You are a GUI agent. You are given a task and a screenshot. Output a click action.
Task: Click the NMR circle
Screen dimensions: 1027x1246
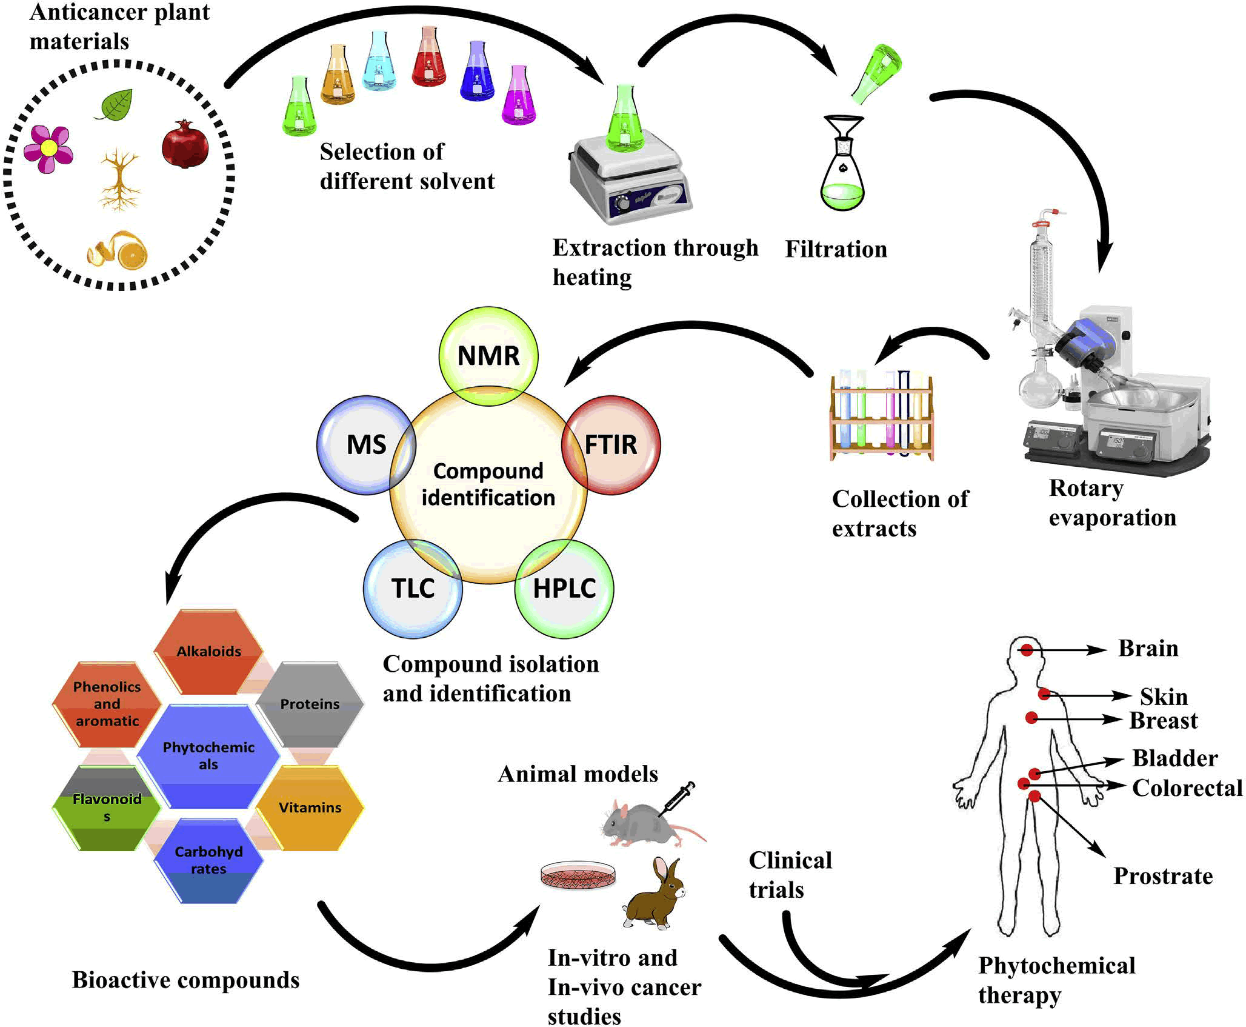coord(488,355)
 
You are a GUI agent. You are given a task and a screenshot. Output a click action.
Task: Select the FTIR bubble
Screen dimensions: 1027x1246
coord(611,444)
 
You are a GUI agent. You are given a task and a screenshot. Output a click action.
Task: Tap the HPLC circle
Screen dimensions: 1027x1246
coord(564,588)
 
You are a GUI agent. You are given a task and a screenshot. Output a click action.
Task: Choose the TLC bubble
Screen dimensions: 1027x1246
coord(413,588)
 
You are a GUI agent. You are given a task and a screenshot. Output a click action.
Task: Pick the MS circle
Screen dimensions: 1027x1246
coord(366,444)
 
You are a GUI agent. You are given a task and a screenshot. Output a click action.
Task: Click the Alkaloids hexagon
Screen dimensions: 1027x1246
coord(208,651)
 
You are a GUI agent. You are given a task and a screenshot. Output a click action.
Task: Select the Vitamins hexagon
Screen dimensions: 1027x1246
coord(310,808)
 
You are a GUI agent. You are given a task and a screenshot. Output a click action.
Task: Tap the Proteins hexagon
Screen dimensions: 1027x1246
coord(310,704)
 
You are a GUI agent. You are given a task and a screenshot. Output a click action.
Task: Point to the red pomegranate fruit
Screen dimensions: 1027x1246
coord(185,144)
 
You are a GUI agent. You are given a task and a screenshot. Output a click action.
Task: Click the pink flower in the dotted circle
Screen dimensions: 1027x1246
coord(48,148)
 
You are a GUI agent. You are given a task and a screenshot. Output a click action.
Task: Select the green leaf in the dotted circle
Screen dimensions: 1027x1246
coord(115,104)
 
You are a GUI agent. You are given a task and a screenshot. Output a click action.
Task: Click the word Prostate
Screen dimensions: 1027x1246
coord(1163,876)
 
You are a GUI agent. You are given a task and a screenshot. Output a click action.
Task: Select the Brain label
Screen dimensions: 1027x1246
coord(1148,648)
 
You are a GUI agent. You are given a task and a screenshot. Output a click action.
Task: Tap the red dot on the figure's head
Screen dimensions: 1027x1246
coord(1027,651)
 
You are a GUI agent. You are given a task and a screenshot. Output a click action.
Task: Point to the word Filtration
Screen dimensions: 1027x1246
coord(836,249)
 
